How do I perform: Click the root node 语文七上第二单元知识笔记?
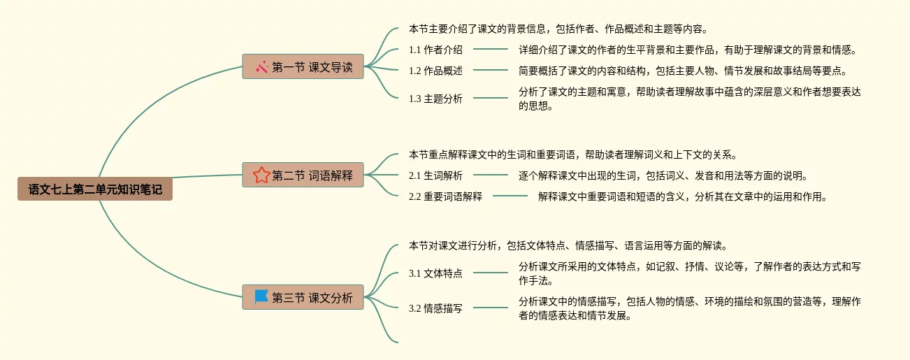coord(95,189)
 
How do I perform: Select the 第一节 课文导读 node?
coord(303,67)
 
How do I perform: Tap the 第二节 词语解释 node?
coord(303,175)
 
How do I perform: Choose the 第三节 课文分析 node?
coord(303,298)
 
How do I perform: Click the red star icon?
coord(261,175)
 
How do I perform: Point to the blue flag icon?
coord(261,297)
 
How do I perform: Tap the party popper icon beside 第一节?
coord(262,67)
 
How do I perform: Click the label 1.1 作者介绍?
coord(435,50)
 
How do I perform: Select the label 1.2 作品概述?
coord(435,71)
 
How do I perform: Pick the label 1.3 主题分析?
coord(435,99)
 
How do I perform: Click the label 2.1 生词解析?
coord(435,175)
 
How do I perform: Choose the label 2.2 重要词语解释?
coord(445,196)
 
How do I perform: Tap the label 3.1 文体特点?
coord(435,273)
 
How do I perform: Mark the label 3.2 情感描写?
coord(435,308)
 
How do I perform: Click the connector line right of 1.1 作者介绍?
coord(491,50)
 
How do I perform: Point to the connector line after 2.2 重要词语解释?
coord(510,196)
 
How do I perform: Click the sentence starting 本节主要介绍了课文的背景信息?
coord(558,29)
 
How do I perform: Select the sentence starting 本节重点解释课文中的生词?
coord(573,155)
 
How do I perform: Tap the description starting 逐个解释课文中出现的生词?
coord(663,175)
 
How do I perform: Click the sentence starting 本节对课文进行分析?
coord(568,245)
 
